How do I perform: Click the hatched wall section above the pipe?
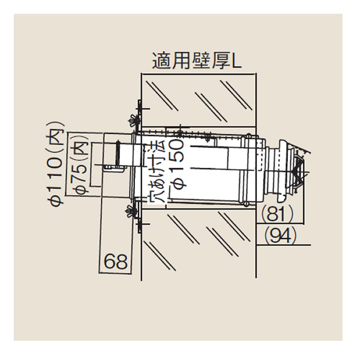pyautogui.click(x=198, y=99)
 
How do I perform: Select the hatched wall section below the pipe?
pyautogui.click(x=198, y=240)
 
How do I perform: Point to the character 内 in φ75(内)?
pyautogui.click(x=79, y=150)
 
